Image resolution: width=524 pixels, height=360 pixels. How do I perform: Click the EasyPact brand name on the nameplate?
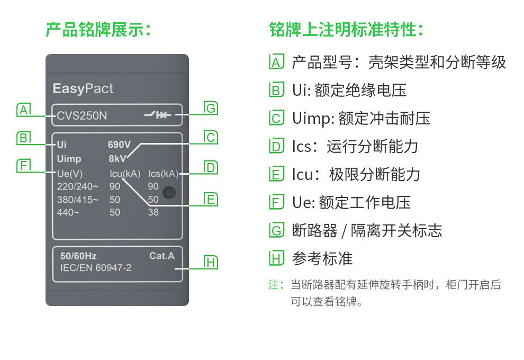click(x=83, y=88)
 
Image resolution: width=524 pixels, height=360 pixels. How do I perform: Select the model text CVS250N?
click(x=82, y=115)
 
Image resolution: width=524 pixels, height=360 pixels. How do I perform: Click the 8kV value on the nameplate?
click(x=117, y=158)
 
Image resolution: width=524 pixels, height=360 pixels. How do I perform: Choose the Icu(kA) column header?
click(x=124, y=174)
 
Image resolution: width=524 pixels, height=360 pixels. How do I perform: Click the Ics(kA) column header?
click(x=163, y=174)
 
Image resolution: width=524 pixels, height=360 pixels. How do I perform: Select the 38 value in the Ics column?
click(x=153, y=212)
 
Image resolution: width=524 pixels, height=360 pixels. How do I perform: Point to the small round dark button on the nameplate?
click(x=169, y=193)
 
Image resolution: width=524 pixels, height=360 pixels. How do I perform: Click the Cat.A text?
click(x=161, y=256)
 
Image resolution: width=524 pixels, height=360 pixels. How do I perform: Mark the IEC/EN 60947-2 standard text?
click(x=96, y=268)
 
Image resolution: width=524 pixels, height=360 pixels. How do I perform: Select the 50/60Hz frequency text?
click(x=78, y=256)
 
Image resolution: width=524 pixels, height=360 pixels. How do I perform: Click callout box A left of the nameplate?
click(x=23, y=110)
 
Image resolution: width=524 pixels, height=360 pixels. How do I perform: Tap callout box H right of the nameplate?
click(x=211, y=262)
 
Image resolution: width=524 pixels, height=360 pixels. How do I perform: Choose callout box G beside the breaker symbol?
click(x=211, y=109)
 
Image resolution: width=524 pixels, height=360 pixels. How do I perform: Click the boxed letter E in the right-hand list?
click(x=276, y=174)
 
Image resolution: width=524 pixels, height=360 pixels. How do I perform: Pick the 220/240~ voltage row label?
click(x=77, y=186)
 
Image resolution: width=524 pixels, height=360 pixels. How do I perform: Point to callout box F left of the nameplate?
click(x=23, y=166)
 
